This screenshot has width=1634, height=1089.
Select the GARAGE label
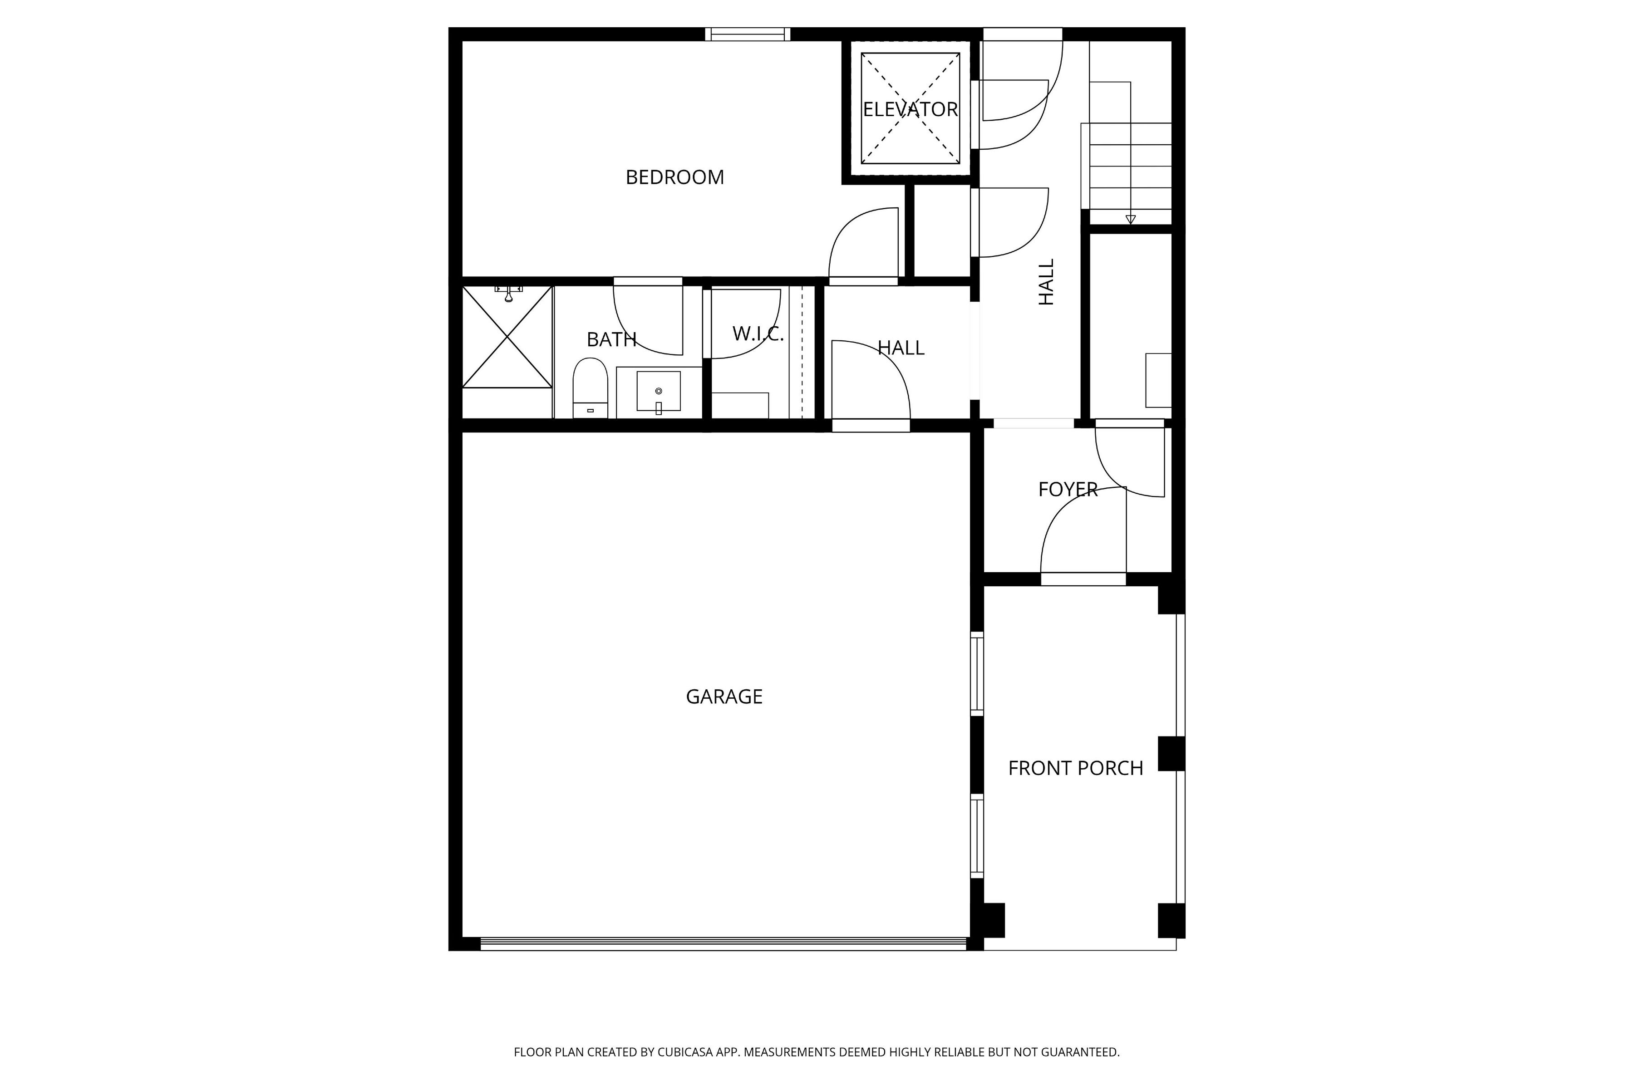click(724, 697)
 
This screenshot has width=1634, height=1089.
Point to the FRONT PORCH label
click(1075, 768)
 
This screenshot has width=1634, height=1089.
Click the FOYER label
click(1068, 490)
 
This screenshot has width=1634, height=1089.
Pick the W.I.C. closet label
click(758, 334)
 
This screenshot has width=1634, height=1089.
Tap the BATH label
click(611, 339)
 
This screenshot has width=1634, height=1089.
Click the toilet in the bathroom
click(590, 388)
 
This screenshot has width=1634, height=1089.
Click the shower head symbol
click(508, 293)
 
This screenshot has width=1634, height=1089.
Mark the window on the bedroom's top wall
click(748, 34)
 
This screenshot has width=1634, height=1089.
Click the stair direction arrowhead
click(1130, 220)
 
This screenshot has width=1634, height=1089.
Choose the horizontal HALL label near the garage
click(901, 348)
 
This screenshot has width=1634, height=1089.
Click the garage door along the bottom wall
click(723, 944)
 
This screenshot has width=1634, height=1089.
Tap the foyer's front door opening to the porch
click(1083, 579)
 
